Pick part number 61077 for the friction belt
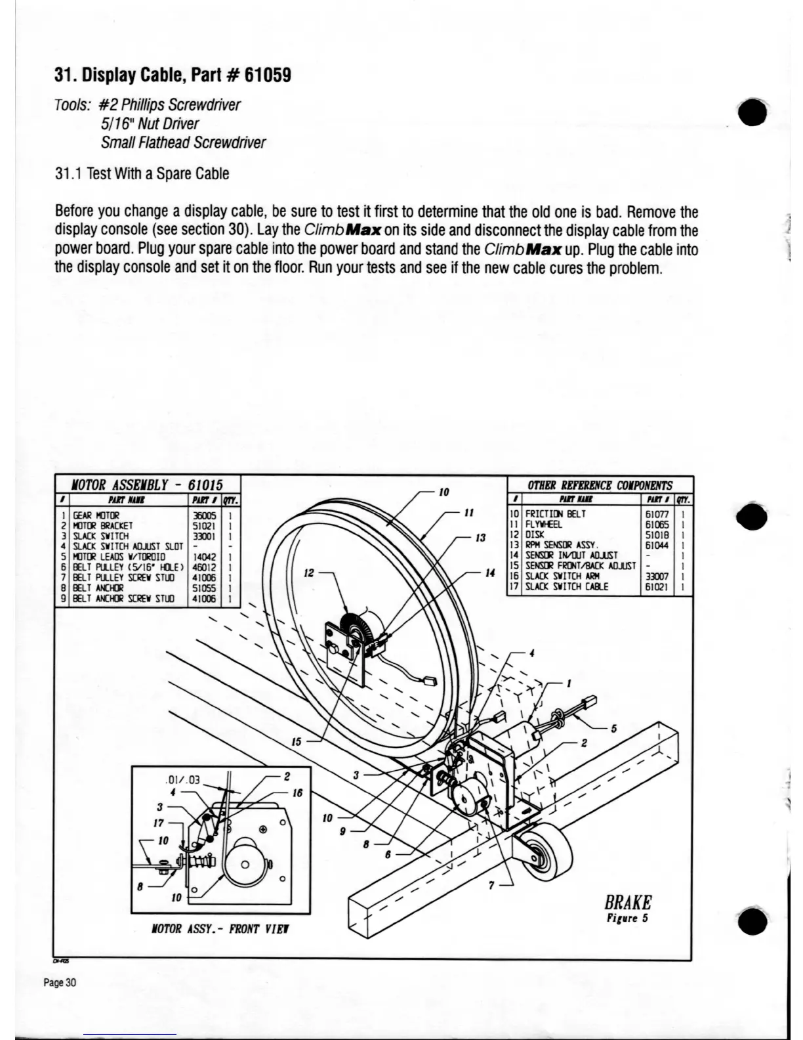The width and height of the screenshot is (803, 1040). pos(657,514)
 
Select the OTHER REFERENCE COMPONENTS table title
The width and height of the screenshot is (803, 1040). pos(600,485)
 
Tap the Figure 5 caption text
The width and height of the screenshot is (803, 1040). pos(628,918)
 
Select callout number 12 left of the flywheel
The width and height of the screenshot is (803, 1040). pos(308,573)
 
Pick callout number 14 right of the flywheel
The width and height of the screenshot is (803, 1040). pos(489,573)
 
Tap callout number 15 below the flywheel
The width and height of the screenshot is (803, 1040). pos(297,741)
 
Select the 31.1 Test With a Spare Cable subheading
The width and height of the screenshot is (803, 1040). pos(142,174)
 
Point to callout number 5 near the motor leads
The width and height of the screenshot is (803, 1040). pos(614,727)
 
